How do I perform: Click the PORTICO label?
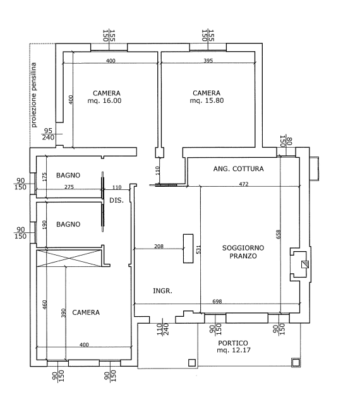[232, 343]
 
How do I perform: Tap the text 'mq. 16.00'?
[104, 100]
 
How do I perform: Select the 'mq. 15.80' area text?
[207, 100]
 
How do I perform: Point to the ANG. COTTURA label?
[238, 168]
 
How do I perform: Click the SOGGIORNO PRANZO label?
[243, 252]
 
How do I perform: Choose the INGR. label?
[162, 291]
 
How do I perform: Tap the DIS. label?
[116, 200]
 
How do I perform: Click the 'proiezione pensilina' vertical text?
[33, 95]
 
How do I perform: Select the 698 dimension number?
[217, 301]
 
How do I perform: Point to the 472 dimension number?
[244, 184]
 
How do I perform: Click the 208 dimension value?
[159, 246]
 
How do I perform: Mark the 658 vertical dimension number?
[279, 234]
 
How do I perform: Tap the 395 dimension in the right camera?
[208, 61]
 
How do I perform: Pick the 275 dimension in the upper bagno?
[69, 187]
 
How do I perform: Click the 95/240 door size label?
[48, 134]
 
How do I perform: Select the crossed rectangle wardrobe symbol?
[69, 258]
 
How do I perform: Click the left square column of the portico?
[192, 363]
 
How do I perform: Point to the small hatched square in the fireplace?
[305, 264]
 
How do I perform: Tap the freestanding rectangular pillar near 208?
[188, 249]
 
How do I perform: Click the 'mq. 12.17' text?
[234, 350]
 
